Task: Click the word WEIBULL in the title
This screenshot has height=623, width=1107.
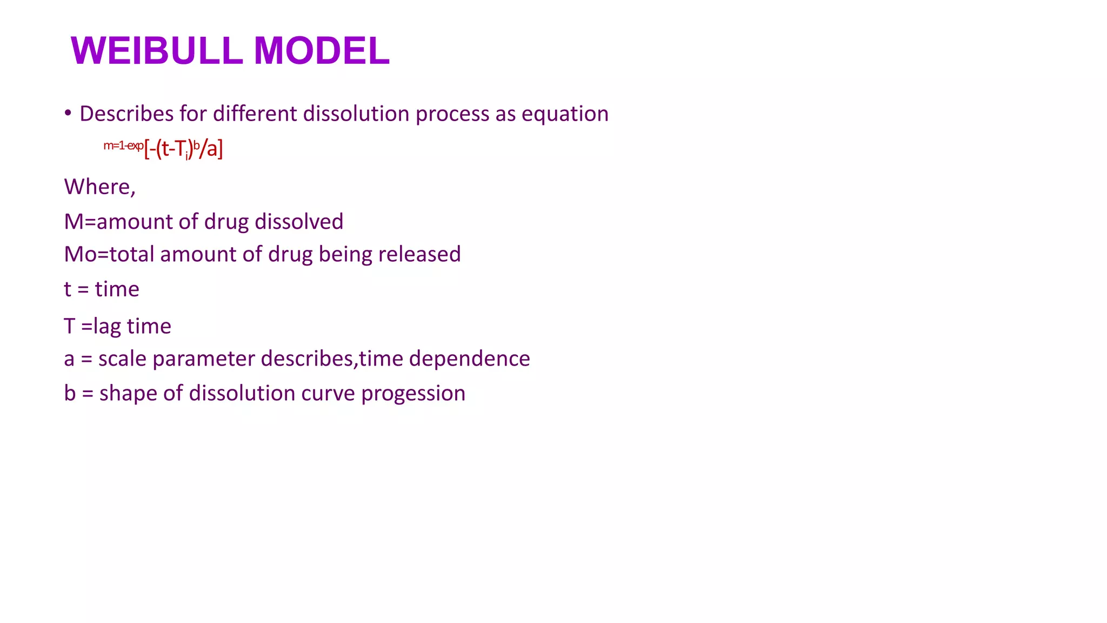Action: (x=157, y=51)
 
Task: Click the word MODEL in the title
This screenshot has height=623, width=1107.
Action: (x=322, y=51)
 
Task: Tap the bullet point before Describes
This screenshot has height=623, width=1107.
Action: (x=68, y=113)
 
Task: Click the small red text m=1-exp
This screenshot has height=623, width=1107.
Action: (x=123, y=145)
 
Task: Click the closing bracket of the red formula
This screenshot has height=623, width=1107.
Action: (x=221, y=148)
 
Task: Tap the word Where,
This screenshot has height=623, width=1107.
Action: (x=99, y=187)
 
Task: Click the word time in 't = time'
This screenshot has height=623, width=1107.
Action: (x=117, y=289)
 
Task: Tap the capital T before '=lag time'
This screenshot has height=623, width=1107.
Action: (x=69, y=326)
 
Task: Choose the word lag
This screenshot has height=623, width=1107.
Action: (x=108, y=327)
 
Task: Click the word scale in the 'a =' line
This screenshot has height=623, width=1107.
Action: (x=122, y=359)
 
